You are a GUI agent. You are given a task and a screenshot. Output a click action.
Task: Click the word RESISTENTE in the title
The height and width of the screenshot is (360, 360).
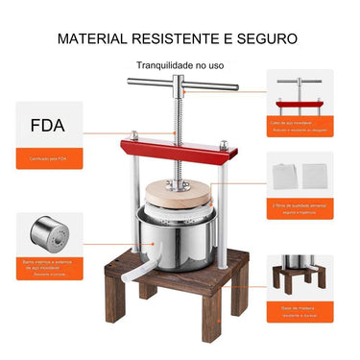tap(175, 39)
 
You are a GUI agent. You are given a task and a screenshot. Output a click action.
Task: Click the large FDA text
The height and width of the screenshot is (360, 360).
tap(48, 125)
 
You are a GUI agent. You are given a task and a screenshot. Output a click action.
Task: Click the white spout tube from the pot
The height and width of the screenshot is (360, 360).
tap(142, 277)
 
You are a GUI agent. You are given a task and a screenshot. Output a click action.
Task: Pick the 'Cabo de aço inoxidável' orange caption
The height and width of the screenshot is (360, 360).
tap(299, 125)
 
